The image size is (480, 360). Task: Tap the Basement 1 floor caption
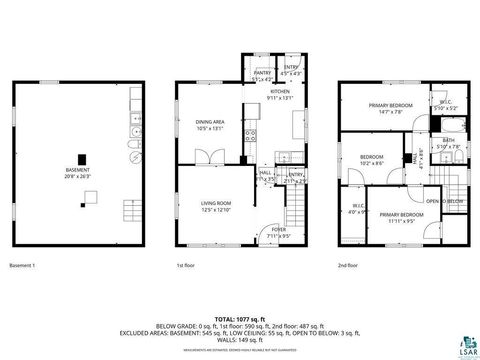23,265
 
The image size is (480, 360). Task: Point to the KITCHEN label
281,95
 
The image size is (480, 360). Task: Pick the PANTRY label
263,72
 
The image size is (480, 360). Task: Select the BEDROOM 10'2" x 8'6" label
372,160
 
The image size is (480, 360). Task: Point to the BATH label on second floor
448,143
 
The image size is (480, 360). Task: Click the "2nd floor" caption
348,265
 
